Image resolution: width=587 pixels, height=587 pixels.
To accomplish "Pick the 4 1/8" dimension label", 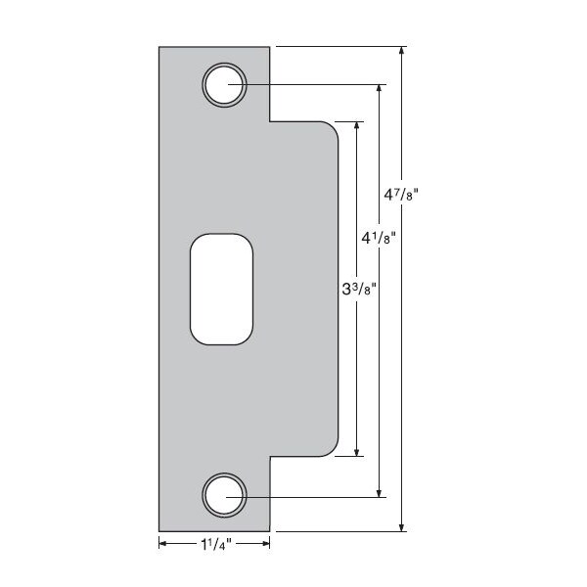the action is (x=379, y=238).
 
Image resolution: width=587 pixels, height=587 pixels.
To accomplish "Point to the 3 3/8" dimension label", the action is (x=359, y=289).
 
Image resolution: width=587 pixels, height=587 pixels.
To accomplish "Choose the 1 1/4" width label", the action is (x=216, y=544).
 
